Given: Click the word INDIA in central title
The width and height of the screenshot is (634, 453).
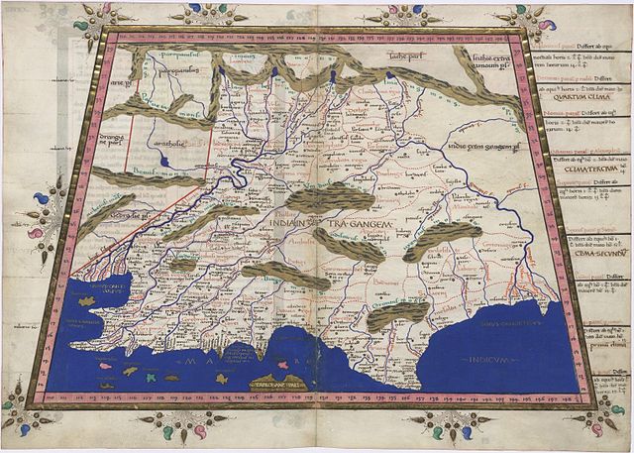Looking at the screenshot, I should pos(287,224).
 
